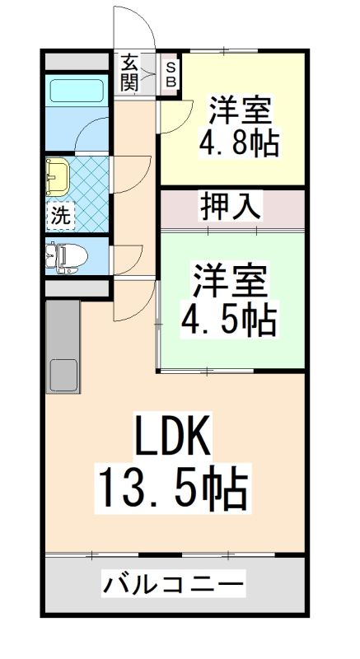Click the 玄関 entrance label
click(130, 72)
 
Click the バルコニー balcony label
click(174, 586)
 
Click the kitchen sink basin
click(63, 376)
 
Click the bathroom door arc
click(92, 132)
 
